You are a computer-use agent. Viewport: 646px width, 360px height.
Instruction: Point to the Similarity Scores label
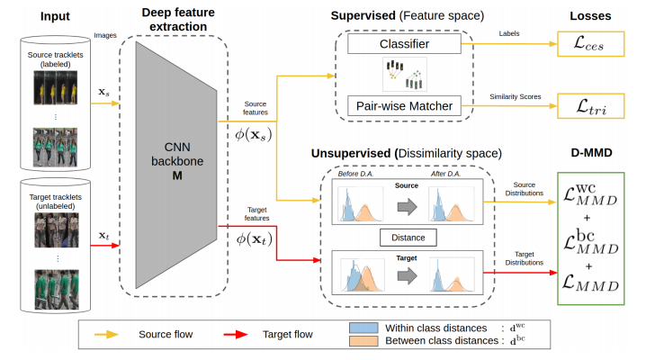pyautogui.click(x=512, y=95)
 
